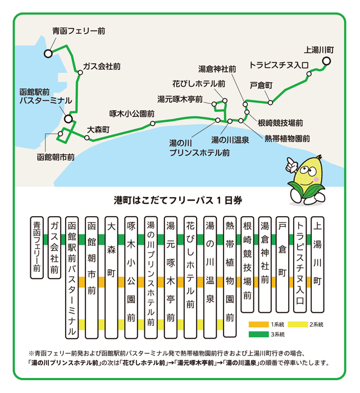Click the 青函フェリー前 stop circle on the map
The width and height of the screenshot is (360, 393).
point(48,53)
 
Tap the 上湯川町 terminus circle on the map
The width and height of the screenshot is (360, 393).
point(326,61)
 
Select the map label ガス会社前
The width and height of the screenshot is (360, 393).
point(102,66)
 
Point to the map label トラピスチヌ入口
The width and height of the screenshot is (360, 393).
point(279,65)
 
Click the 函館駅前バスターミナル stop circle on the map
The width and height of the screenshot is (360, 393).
point(68,119)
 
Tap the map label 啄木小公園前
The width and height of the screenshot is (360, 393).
point(132,114)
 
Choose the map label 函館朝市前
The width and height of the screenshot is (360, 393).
point(56,157)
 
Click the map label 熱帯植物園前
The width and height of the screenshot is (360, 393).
point(288,139)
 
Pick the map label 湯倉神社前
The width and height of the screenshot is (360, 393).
point(217,69)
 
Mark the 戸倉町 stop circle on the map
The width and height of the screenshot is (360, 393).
point(270,102)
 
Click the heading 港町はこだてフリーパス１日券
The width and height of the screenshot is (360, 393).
point(178,200)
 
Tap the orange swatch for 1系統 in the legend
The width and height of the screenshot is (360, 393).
point(258,325)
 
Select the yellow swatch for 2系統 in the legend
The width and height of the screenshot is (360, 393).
point(298,325)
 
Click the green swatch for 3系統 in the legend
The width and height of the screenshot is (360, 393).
point(258,335)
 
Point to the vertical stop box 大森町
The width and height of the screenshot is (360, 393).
point(111,278)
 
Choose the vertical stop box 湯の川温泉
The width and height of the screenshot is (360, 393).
point(210,278)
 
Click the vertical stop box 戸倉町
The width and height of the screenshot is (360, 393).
point(282,264)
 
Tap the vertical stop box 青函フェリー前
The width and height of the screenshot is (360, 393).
point(37,248)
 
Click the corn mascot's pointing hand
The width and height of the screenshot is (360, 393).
point(291,164)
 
